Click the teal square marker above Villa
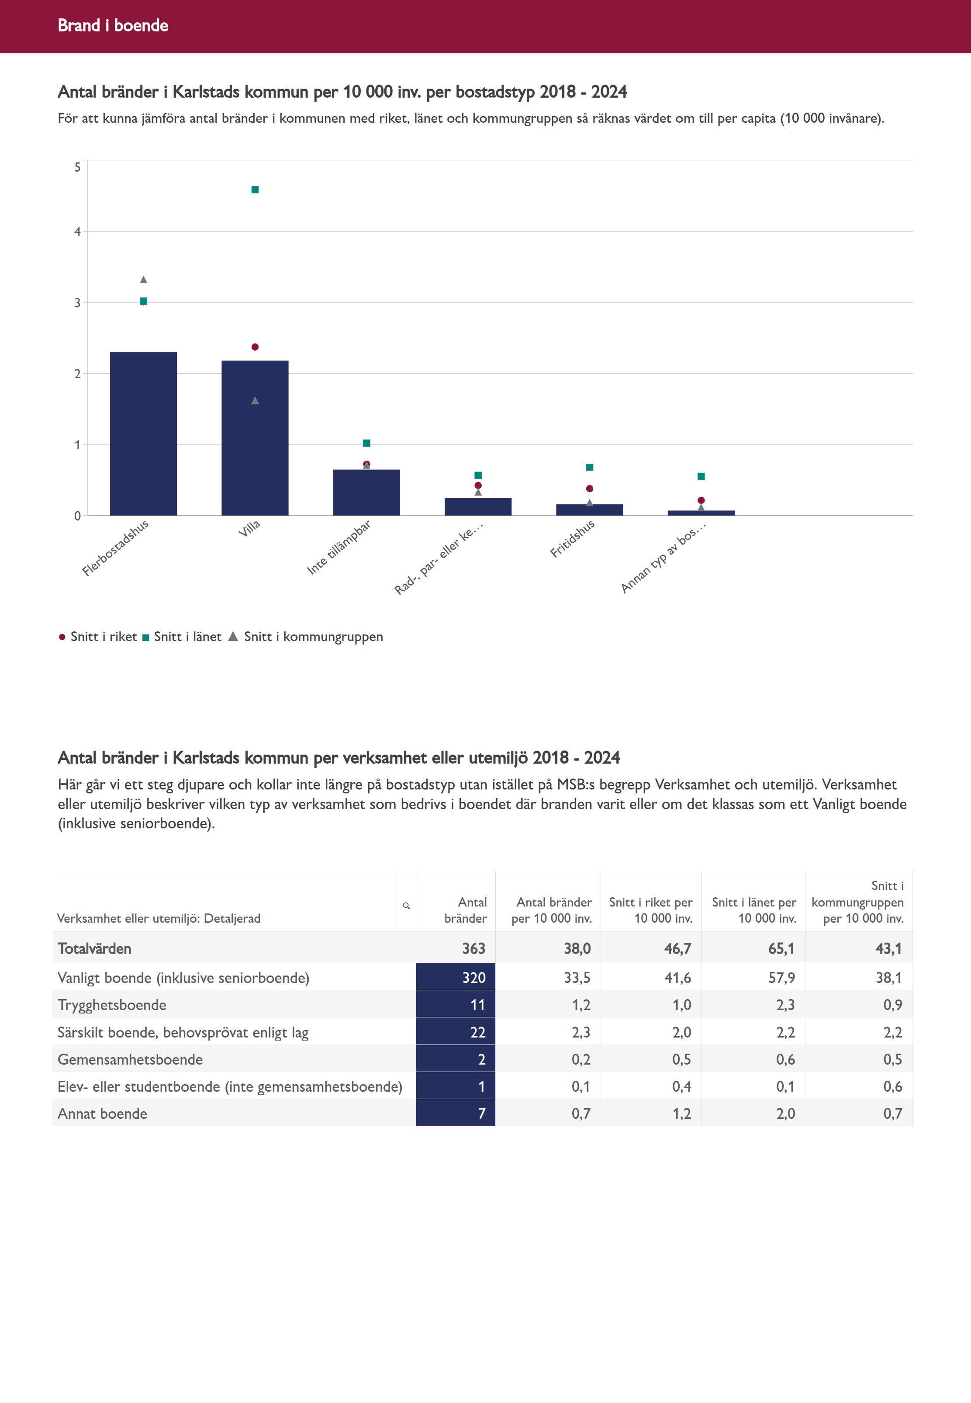pyautogui.click(x=255, y=190)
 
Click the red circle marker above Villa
pyautogui.click(x=255, y=347)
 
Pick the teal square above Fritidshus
pyautogui.click(x=590, y=468)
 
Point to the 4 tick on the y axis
pyautogui.click(x=77, y=232)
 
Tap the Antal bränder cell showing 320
pyautogui.click(x=456, y=977)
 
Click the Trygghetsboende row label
pyautogui.click(x=112, y=1005)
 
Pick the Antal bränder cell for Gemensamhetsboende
pyautogui.click(x=456, y=1059)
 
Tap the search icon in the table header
pyautogui.click(x=406, y=906)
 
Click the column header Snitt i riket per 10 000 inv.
pyautogui.click(x=650, y=910)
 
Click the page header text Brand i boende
pyautogui.click(x=113, y=25)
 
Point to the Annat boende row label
pyautogui.click(x=102, y=1113)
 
